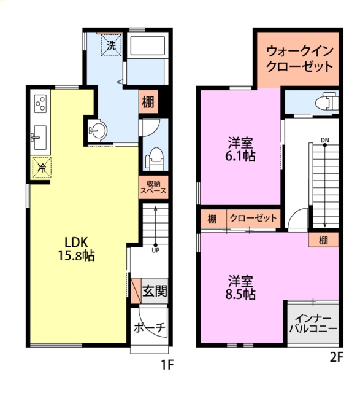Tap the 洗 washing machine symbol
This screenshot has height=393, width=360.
(111, 45)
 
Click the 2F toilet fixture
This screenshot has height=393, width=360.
(326, 101)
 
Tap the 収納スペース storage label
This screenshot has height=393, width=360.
(153, 187)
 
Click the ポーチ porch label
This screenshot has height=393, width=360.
(150, 327)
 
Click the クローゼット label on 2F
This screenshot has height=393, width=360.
(254, 218)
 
